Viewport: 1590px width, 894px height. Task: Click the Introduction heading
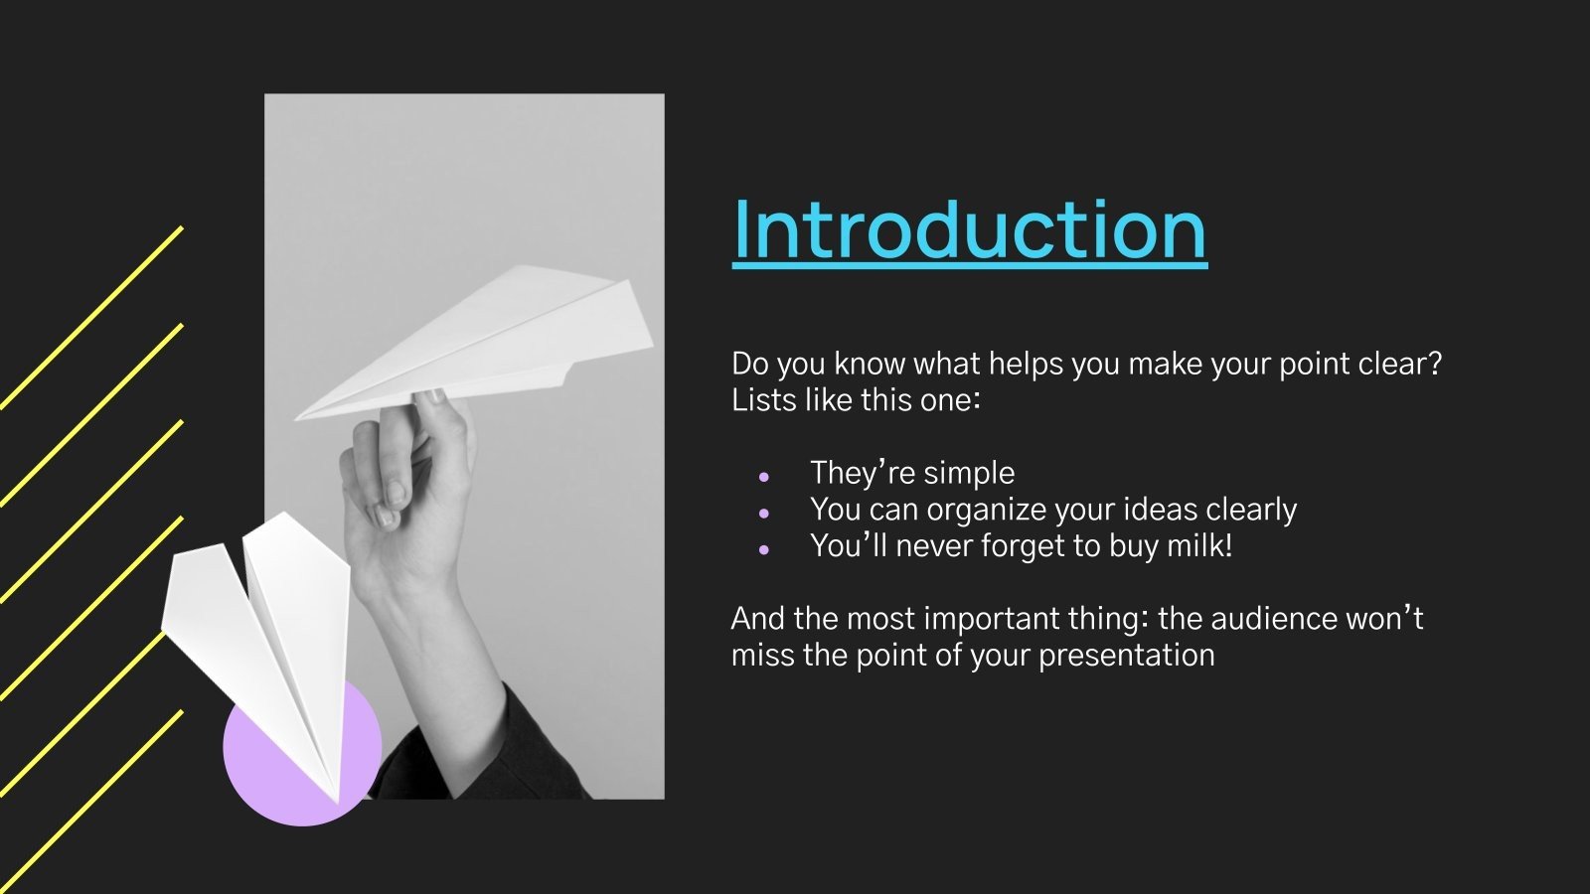(969, 230)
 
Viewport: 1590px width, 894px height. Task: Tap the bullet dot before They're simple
(763, 477)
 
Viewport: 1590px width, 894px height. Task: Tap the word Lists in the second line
(761, 400)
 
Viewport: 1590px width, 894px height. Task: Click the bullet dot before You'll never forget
(763, 549)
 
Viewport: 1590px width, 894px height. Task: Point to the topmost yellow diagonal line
(94, 316)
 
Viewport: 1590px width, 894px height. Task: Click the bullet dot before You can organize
(763, 514)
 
